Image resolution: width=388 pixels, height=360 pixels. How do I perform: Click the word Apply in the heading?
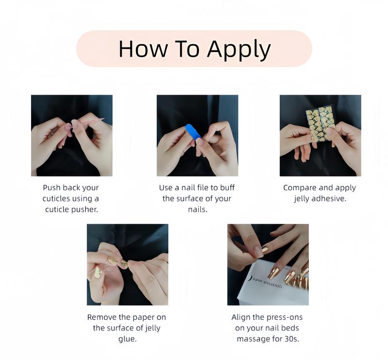239,49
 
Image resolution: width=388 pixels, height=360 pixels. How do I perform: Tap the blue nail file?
193,131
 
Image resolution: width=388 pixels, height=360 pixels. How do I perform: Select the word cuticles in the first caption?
58,198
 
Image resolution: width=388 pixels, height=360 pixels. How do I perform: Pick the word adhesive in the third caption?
330,198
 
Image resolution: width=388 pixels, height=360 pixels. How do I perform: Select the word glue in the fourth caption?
127,339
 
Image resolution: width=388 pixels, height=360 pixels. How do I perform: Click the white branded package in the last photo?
257,286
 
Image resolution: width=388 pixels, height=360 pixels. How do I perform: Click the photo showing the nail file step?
197,135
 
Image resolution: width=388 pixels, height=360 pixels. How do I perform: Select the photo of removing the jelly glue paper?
127,264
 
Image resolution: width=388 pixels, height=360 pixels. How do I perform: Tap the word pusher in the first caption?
84,210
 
